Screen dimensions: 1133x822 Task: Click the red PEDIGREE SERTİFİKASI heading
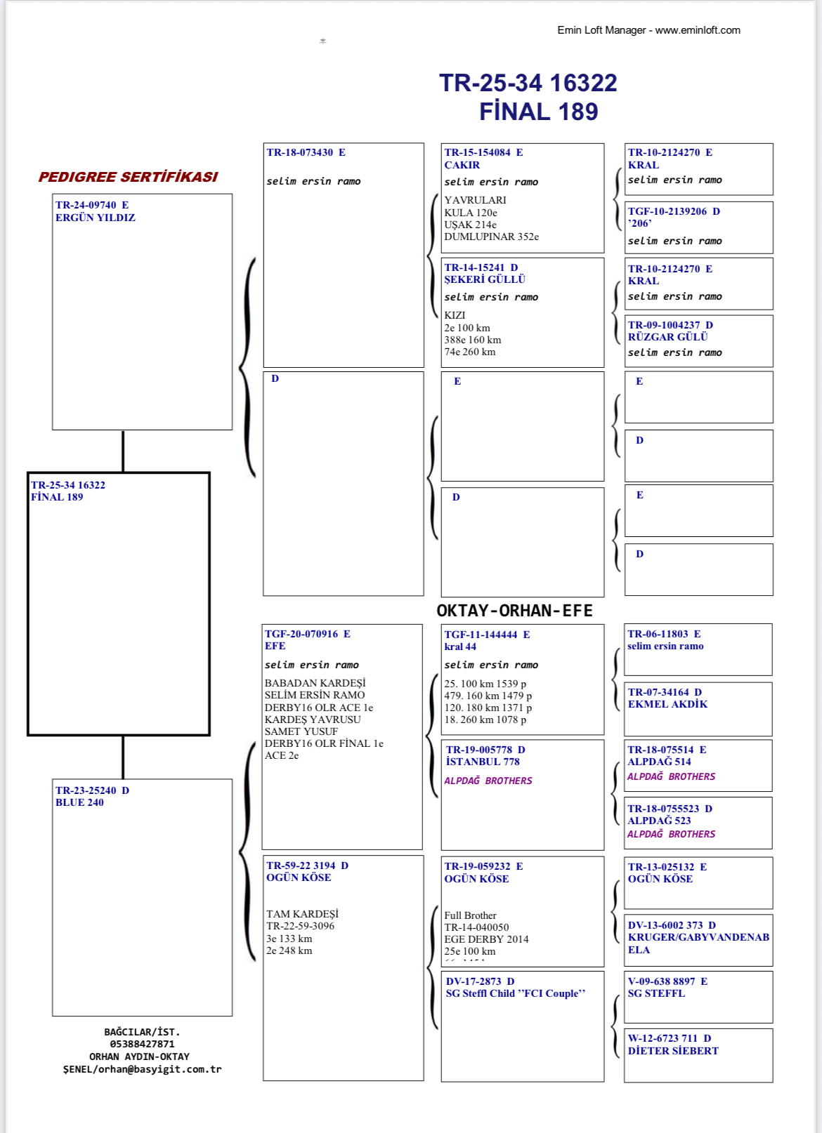click(x=128, y=177)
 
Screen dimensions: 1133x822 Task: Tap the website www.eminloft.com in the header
click(x=698, y=30)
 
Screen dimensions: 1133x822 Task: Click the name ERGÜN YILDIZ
click(x=96, y=218)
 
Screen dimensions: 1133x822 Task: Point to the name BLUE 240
click(x=79, y=802)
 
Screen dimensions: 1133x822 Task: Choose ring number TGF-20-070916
click(x=302, y=634)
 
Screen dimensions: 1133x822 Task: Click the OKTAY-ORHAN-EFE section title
click(x=514, y=611)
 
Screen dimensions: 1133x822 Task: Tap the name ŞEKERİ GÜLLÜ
click(x=485, y=279)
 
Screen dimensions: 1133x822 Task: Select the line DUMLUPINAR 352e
click(x=491, y=237)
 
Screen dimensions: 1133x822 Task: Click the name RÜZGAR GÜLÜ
click(x=667, y=337)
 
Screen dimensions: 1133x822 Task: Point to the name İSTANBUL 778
click(x=483, y=762)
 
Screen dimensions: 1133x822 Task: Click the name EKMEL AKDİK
click(x=667, y=704)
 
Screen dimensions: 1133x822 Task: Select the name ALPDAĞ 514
click(x=659, y=762)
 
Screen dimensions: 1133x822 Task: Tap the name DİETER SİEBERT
click(x=673, y=1051)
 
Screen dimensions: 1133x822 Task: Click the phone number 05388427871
click(x=142, y=1045)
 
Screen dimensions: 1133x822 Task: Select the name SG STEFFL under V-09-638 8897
click(x=656, y=993)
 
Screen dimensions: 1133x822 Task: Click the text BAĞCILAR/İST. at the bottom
click(x=142, y=1032)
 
